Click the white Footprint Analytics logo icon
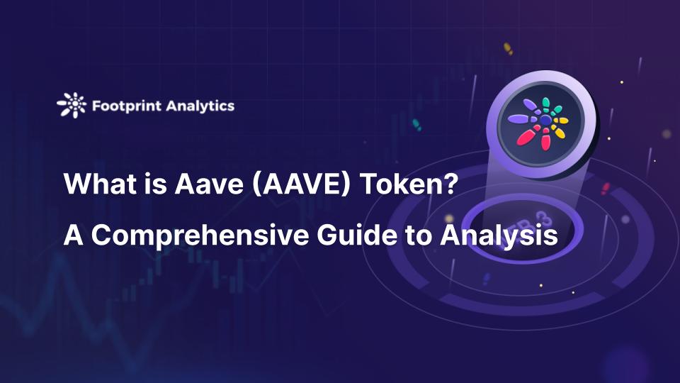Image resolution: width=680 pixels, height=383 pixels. point(72,105)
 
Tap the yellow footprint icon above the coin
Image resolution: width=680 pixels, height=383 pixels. point(507,48)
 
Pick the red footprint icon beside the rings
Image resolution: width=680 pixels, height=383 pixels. point(604,189)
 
